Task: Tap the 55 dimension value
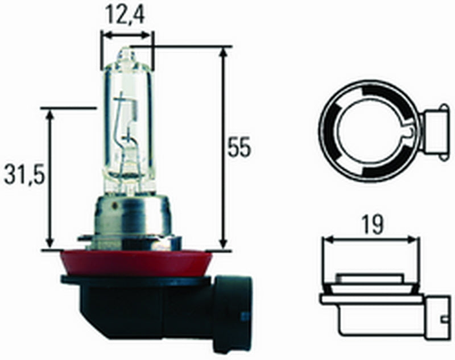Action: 239,148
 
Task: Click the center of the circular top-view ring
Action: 369,131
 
